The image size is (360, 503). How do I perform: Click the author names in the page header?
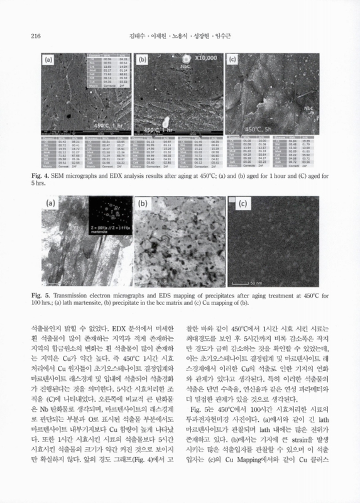(x=180, y=36)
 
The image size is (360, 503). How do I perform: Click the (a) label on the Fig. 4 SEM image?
(x=50, y=60)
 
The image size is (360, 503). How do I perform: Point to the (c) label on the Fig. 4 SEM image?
(x=233, y=60)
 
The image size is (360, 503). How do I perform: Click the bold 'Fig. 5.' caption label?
(x=40, y=294)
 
